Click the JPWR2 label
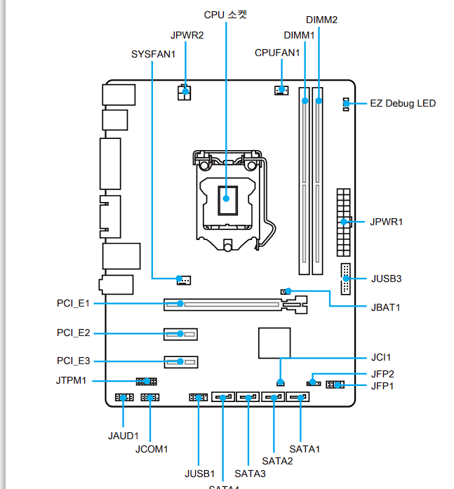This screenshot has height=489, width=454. [x=186, y=34]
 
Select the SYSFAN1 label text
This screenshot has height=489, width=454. [x=153, y=53]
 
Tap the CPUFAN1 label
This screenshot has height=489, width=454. [x=277, y=52]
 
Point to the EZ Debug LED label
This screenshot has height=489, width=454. [x=403, y=104]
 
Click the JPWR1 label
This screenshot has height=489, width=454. [x=387, y=222]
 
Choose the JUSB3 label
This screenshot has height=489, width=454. [x=386, y=279]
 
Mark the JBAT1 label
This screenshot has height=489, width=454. [x=385, y=307]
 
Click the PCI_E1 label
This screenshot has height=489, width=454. [x=73, y=304]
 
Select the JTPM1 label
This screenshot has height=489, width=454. [x=71, y=381]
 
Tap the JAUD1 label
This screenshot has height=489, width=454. [x=123, y=436]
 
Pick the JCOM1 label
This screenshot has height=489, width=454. [x=152, y=449]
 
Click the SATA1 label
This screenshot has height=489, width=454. [x=305, y=448]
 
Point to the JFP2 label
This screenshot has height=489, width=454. [x=382, y=374]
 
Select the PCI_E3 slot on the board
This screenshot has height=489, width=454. [x=182, y=362]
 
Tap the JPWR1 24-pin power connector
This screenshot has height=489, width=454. [x=343, y=222]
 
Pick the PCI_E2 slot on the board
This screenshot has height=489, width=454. [x=182, y=333]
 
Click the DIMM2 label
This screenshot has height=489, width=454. [x=322, y=20]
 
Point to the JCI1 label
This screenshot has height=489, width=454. [x=382, y=357]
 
